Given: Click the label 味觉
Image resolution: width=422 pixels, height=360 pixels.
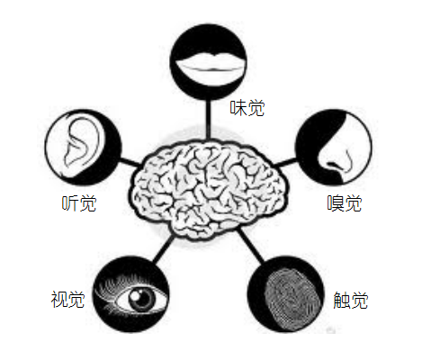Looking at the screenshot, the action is pyautogui.click(x=247, y=108).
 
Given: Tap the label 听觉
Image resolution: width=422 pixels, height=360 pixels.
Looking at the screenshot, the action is pyautogui.click(x=79, y=203).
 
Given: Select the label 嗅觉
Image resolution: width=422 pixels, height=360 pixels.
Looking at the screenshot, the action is pyautogui.click(x=345, y=203).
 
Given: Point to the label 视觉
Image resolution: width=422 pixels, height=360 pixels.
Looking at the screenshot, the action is pyautogui.click(x=67, y=299).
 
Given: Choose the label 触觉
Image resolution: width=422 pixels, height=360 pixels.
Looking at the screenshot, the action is pyautogui.click(x=351, y=300).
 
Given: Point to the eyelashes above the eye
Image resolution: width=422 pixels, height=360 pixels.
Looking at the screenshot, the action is pyautogui.click(x=120, y=285).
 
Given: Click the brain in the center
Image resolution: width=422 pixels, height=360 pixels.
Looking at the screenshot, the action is pyautogui.click(x=209, y=189).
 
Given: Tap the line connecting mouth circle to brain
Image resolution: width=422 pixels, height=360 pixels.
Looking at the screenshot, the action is pyautogui.click(x=207, y=119).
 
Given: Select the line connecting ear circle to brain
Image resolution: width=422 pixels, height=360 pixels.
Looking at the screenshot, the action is pyautogui.click(x=130, y=161).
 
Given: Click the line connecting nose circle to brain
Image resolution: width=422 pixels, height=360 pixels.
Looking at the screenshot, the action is pyautogui.click(x=285, y=163).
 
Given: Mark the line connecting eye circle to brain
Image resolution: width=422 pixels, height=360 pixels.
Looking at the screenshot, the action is pyautogui.click(x=164, y=248).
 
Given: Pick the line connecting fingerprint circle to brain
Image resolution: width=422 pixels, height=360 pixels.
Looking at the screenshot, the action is pyautogui.click(x=251, y=246).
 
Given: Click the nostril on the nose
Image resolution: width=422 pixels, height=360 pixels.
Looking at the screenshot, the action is pyautogui.click(x=332, y=165).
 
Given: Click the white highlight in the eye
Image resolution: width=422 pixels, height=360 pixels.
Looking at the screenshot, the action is pyautogui.click(x=134, y=295).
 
